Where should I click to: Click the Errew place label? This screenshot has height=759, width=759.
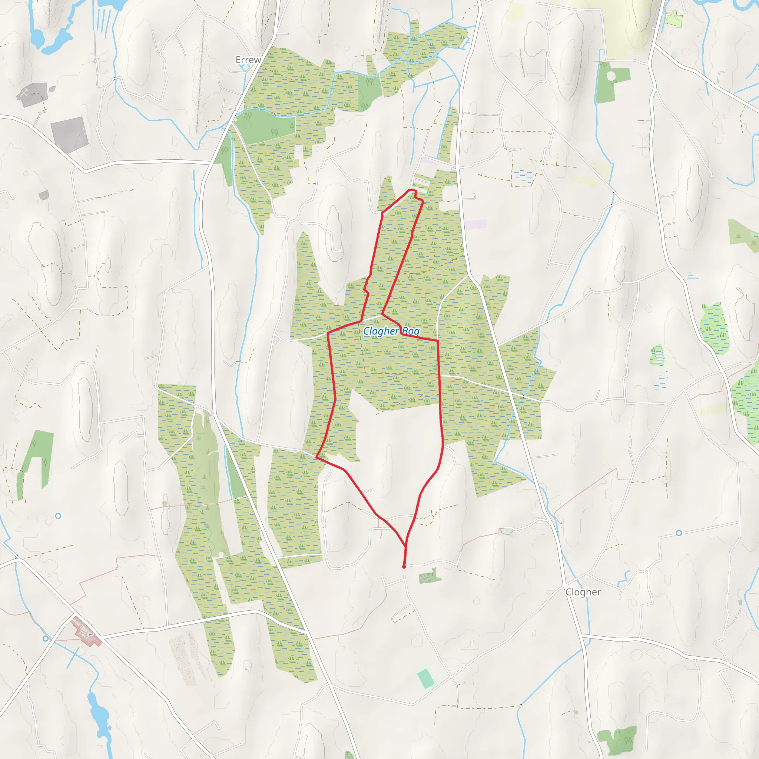pyautogui.click(x=248, y=60)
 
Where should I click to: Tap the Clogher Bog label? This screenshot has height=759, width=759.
pyautogui.click(x=391, y=331)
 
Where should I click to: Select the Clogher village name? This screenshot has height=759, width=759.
pyautogui.click(x=583, y=592)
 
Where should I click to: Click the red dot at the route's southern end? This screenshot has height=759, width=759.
pyautogui.click(x=404, y=567)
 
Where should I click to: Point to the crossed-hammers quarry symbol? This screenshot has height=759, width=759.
pyautogui.click(x=24, y=93)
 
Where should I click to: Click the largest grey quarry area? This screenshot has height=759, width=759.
pyautogui.click(x=69, y=135)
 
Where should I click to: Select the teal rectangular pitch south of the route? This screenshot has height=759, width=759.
pyautogui.click(x=426, y=679)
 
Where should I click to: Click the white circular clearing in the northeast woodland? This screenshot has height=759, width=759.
pyautogui.click(x=611, y=76)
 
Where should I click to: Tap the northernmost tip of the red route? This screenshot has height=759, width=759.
pyautogui.click(x=411, y=190)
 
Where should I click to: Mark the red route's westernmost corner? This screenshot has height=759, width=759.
pyautogui.click(x=316, y=457)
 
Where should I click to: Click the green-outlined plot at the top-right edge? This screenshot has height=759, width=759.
pyautogui.click(x=673, y=18)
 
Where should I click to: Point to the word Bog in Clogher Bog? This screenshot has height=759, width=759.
pyautogui.click(x=411, y=332)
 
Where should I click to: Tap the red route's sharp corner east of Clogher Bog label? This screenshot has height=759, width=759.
pyautogui.click(x=438, y=341)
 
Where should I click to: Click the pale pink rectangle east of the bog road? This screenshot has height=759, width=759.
pyautogui.click(x=476, y=225)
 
